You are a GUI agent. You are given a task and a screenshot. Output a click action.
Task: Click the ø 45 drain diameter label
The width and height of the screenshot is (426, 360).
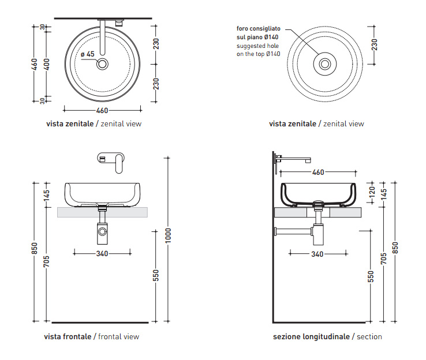(x=88, y=54)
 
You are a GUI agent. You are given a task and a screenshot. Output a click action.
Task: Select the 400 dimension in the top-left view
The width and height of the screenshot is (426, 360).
(x=47, y=63)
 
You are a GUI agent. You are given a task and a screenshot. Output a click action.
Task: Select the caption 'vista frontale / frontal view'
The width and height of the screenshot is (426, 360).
(x=91, y=336)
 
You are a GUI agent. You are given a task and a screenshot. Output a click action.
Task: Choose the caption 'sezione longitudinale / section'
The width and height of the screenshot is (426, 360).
(x=327, y=336)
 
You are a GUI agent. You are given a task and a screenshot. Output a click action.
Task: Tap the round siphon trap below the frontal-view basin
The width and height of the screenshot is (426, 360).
(x=103, y=232)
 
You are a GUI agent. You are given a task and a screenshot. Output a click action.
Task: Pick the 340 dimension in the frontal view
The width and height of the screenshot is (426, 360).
(x=103, y=252)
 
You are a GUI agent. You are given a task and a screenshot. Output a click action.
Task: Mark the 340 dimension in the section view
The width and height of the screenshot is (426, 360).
(x=317, y=253)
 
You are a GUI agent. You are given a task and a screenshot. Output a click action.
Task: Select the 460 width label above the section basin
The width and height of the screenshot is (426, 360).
(x=318, y=172)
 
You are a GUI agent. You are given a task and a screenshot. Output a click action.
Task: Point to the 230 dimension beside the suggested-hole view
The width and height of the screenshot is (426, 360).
(x=375, y=45)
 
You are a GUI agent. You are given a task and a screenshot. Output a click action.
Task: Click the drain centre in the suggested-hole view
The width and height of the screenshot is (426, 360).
(x=324, y=63)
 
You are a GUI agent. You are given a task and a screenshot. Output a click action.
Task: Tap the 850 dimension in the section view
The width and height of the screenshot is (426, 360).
(x=395, y=246)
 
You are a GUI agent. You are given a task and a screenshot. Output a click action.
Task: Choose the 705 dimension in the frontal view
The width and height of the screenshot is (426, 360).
(x=47, y=262)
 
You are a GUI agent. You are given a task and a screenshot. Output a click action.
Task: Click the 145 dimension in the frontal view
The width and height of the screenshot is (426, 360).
(x=47, y=197)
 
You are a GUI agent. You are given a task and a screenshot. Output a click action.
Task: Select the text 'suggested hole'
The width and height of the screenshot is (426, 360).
(x=257, y=46)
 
